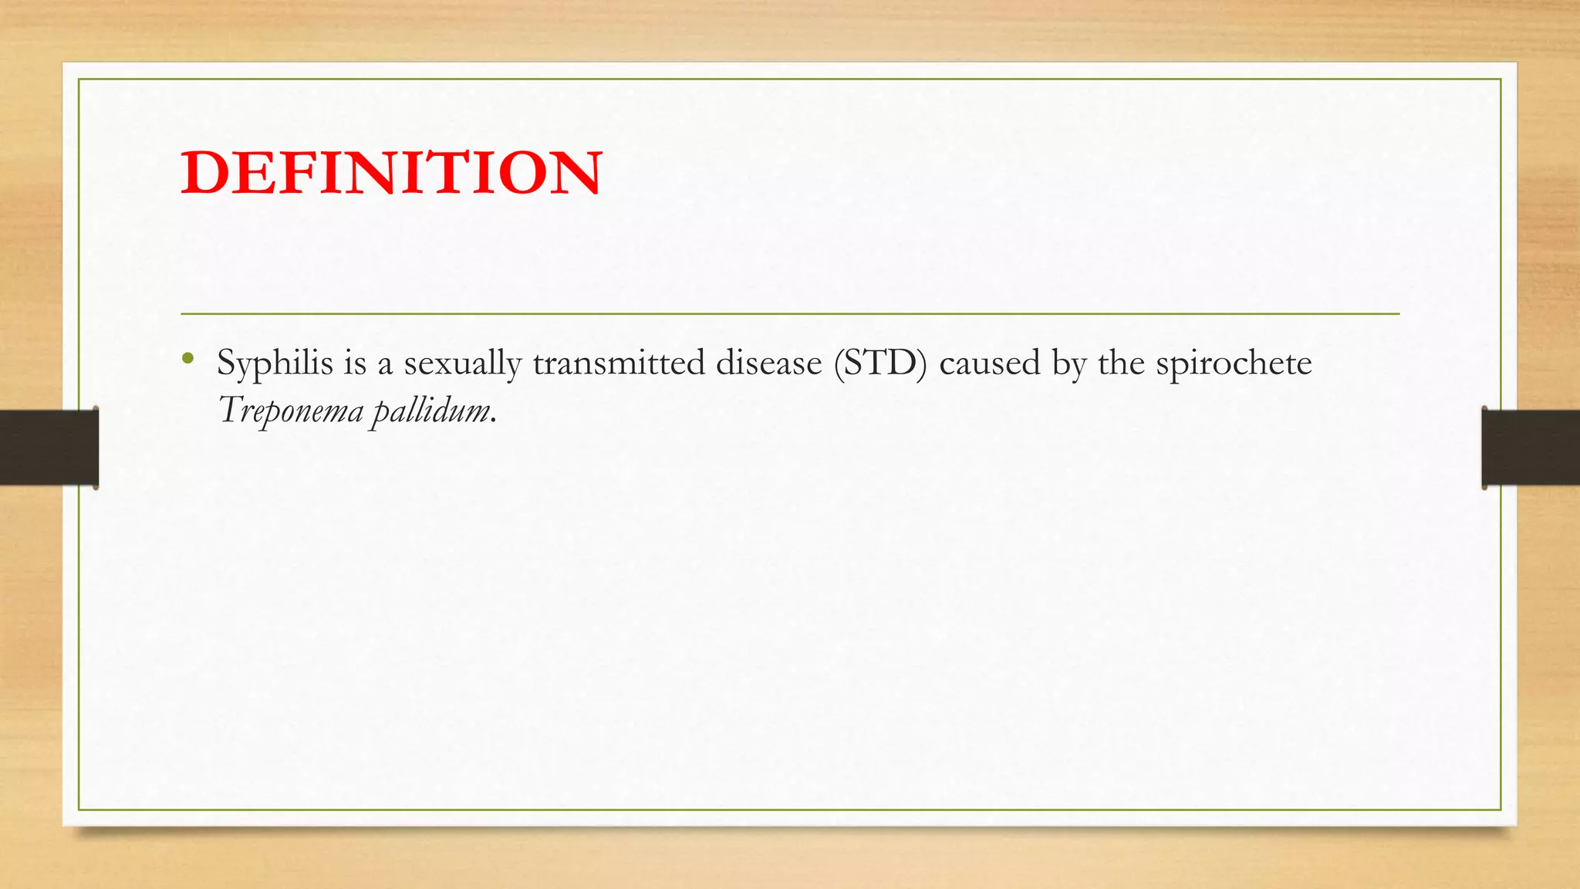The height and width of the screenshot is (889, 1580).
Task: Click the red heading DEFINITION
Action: [x=391, y=173]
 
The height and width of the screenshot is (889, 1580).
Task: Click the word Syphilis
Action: [x=275, y=363]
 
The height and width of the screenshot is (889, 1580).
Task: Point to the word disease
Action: [x=768, y=363]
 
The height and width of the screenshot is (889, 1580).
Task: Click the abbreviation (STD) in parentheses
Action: [x=880, y=363]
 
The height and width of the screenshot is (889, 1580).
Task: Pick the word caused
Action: [x=990, y=363]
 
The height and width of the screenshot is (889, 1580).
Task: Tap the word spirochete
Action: [x=1234, y=363]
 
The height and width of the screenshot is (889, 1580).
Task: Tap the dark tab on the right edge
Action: [x=1531, y=448]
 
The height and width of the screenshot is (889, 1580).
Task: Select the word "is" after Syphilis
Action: [x=355, y=363]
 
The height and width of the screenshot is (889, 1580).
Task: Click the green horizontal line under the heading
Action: [x=790, y=314]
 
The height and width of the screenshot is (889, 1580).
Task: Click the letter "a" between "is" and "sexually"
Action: [x=385, y=365]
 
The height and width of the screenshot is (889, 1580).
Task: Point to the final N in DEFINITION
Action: [x=574, y=173]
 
